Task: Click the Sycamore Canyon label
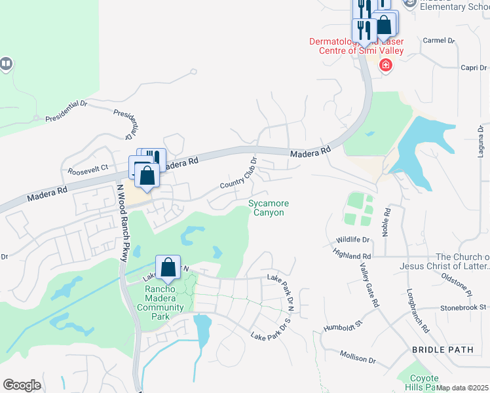click(269, 208)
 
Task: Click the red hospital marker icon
click(386, 65)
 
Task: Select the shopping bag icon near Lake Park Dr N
click(168, 267)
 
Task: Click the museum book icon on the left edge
click(6, 64)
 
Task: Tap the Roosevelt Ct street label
click(87, 170)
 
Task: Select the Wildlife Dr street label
click(353, 240)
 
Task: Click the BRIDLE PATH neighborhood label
click(442, 350)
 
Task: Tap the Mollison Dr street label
click(358, 357)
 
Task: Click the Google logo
click(22, 384)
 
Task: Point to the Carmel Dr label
click(438, 40)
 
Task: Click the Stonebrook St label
click(463, 307)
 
